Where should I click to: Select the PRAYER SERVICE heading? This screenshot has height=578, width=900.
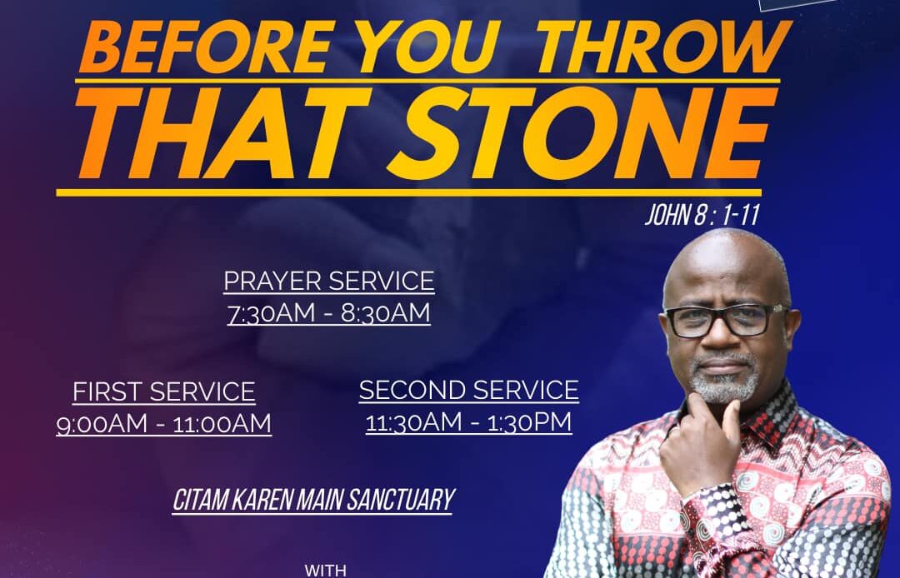[329, 281]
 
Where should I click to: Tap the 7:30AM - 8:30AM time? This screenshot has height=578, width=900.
[329, 314]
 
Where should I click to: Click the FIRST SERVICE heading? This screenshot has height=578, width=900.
[163, 392]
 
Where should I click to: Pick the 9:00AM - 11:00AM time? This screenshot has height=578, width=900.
[163, 424]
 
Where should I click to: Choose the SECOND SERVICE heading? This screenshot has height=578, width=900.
[469, 391]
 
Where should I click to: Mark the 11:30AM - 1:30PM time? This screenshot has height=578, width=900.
[469, 422]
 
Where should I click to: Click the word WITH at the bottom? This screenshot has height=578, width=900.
[326, 571]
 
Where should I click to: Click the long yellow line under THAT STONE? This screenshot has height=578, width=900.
[408, 192]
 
